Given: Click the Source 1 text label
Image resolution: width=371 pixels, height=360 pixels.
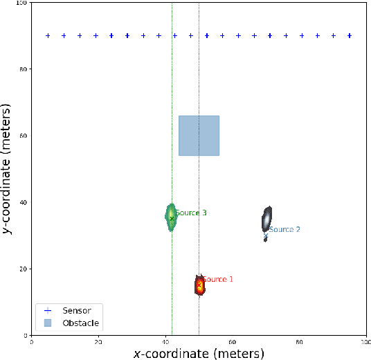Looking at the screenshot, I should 217,280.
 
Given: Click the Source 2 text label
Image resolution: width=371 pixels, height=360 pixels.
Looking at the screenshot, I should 284,229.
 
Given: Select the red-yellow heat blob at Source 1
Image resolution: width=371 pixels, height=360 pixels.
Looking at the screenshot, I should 199,285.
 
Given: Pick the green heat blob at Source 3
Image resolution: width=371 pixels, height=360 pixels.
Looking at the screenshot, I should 171,217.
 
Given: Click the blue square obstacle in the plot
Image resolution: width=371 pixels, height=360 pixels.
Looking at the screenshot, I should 199,135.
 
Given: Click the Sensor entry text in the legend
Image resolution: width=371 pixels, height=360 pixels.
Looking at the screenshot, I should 77,309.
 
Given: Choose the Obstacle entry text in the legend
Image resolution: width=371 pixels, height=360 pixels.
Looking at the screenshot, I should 81,323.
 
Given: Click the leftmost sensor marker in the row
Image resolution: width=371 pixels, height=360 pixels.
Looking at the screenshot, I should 48,35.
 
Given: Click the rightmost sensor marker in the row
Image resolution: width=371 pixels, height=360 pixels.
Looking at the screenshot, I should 350,35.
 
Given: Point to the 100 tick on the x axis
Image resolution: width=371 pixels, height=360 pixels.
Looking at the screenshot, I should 365,342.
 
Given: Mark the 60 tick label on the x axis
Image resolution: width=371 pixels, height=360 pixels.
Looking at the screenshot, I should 233,342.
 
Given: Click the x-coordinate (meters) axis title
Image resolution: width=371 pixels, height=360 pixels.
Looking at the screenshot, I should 199,353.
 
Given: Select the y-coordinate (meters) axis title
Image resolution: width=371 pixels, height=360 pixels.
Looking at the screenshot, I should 8,169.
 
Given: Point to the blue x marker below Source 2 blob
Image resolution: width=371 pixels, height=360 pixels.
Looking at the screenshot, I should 266,236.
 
